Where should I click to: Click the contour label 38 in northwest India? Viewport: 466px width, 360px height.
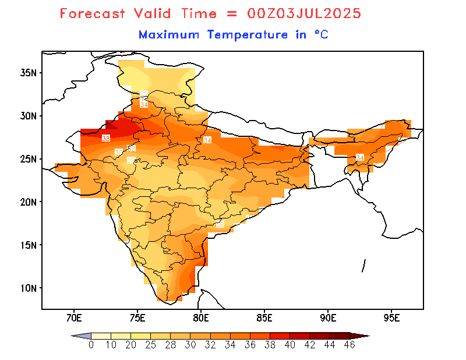click(105, 138)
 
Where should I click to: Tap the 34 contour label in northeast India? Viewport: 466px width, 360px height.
click(359, 158)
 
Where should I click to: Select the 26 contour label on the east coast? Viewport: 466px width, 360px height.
click(220, 224)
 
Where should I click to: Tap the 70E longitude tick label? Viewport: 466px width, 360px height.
click(73, 318)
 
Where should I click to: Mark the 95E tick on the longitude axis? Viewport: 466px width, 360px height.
click(392, 318)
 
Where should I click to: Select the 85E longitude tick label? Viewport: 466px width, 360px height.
click(264, 318)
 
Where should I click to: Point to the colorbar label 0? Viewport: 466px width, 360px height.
click(91, 345)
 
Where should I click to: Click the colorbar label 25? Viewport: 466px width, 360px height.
click(150, 345)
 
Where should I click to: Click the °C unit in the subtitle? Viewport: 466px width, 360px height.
click(321, 35)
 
